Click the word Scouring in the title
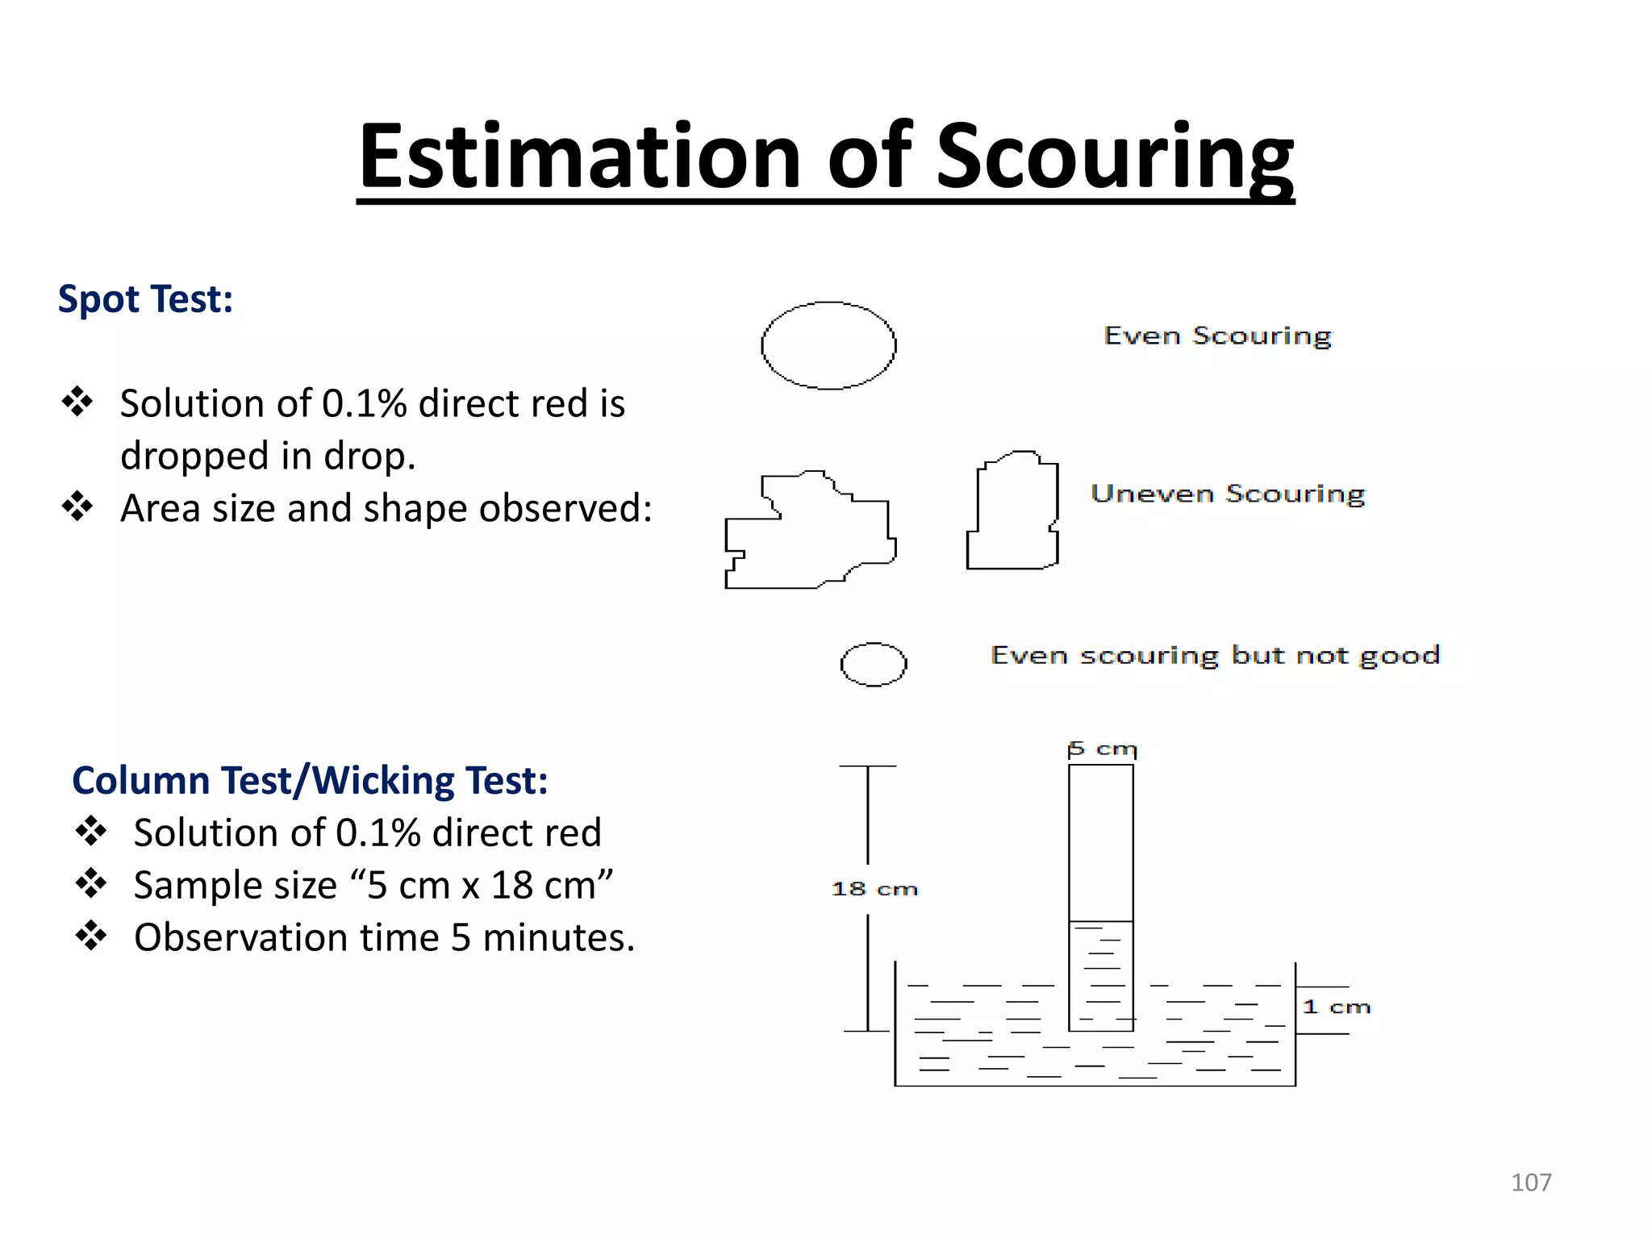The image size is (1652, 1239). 1114,157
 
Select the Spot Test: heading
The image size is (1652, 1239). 145,299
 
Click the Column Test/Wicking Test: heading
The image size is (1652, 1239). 310,781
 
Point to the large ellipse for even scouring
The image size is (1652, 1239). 828,346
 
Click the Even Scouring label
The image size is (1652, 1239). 1217,336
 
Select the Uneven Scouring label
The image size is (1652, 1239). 1227,494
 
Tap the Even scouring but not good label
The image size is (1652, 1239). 1215,655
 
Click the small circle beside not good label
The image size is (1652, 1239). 874,665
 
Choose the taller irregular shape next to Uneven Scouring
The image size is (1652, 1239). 1013,511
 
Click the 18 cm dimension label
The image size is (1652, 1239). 874,889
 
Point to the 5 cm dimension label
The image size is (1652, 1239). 1102,749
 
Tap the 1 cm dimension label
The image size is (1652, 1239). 1337,1007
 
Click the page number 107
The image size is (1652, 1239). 1530,1183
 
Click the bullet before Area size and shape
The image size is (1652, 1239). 77,507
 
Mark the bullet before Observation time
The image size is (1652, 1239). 91,936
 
